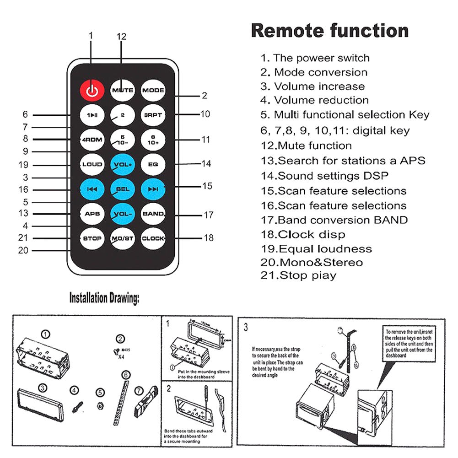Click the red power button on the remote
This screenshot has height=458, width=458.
92,90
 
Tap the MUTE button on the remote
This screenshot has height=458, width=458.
123,90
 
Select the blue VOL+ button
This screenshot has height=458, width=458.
123,164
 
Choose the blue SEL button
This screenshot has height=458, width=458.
123,189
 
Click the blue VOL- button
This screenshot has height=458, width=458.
123,213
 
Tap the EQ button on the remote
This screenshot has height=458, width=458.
153,164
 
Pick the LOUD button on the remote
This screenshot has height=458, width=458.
92,164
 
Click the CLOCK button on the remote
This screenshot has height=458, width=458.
153,238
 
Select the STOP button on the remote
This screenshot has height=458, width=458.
92,238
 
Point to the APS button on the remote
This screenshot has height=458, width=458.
92,213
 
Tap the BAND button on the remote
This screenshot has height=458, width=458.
153,213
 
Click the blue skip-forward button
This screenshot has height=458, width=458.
153,189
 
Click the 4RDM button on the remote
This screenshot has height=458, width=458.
92,139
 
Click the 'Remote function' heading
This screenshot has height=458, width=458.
329,31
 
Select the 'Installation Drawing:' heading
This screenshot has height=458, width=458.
104,299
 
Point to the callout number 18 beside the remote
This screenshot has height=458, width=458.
208,238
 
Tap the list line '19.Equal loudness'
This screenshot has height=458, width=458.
316,249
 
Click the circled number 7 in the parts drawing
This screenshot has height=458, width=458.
139,391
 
